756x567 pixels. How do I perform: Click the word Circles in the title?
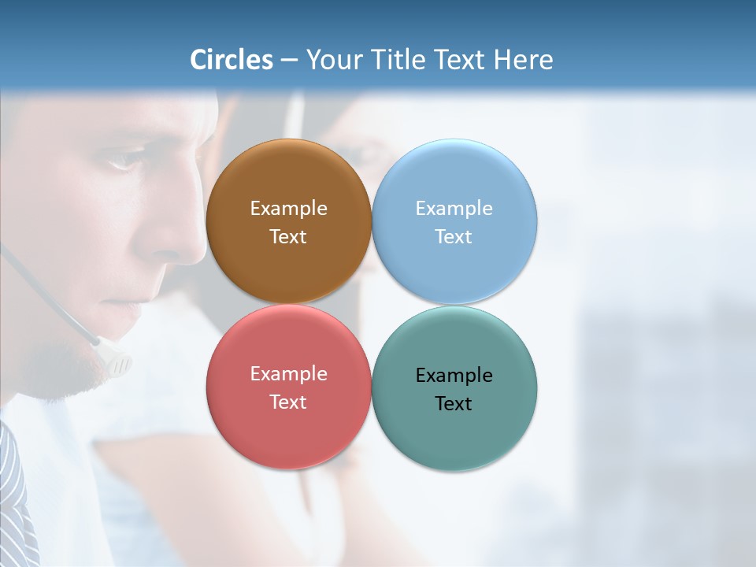pos(232,60)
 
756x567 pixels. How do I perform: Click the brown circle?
pos(288,181)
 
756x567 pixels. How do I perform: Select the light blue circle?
pos(454,181)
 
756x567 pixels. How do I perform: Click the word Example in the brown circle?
pos(288,209)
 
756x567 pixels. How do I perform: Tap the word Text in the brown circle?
pos(288,236)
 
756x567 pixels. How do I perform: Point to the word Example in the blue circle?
pos(454,209)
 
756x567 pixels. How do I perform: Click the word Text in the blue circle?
pos(454,236)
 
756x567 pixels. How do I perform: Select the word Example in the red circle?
pos(288,374)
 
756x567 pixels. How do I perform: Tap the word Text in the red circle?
pos(288,402)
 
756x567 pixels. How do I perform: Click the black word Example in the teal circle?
pos(454,376)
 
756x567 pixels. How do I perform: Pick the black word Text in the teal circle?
pos(454,403)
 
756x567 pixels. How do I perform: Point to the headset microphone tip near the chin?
pos(118,364)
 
